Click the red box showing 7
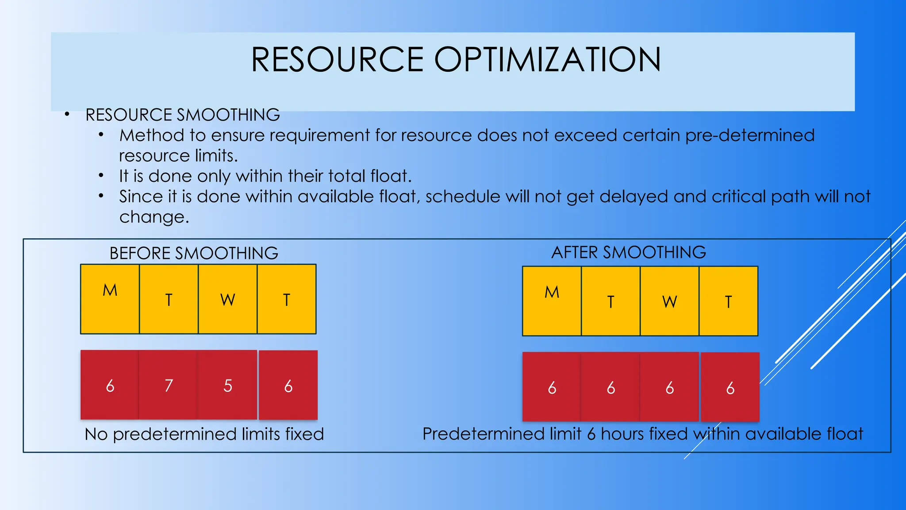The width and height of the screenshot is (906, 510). [169, 385]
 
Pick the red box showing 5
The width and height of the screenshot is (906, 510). [227, 385]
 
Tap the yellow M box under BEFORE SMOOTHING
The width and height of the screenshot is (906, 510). [110, 299]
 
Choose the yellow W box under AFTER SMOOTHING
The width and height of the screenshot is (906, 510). [669, 301]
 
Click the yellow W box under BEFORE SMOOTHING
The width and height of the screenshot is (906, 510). [227, 299]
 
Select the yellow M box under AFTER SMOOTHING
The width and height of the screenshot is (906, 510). [552, 301]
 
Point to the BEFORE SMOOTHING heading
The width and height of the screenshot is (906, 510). [194, 253]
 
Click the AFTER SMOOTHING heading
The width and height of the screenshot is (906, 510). [628, 252]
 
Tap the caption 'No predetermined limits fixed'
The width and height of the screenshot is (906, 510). [204, 434]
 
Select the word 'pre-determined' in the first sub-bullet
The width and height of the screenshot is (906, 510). [749, 135]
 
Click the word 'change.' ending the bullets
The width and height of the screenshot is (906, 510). [154, 217]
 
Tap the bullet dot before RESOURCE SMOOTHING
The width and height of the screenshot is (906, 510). [67, 115]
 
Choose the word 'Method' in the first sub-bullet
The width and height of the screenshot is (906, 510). [151, 135]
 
